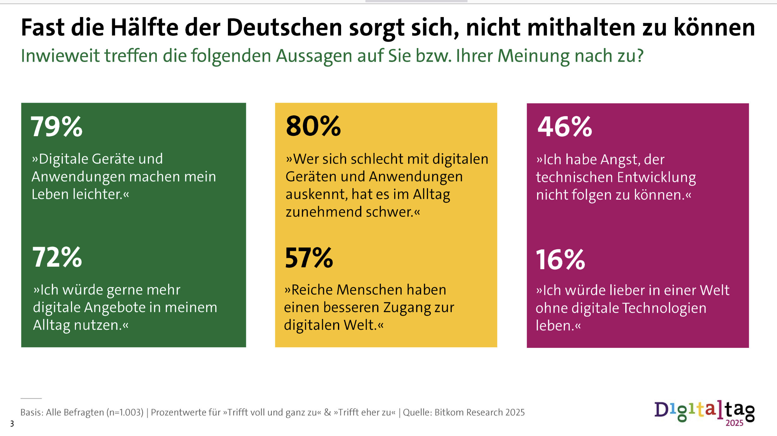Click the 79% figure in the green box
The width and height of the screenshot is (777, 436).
57,126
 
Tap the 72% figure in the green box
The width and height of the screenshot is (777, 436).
57,257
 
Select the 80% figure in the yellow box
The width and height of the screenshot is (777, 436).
313,126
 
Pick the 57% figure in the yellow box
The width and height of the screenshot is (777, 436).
309,258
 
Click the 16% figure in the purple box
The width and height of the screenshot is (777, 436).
560,259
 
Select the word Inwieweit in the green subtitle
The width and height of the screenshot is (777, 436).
60,56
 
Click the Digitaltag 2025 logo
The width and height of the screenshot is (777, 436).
704,413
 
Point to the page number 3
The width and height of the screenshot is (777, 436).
12,424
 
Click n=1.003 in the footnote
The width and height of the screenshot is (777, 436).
125,412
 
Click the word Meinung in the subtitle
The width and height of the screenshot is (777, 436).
534,56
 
